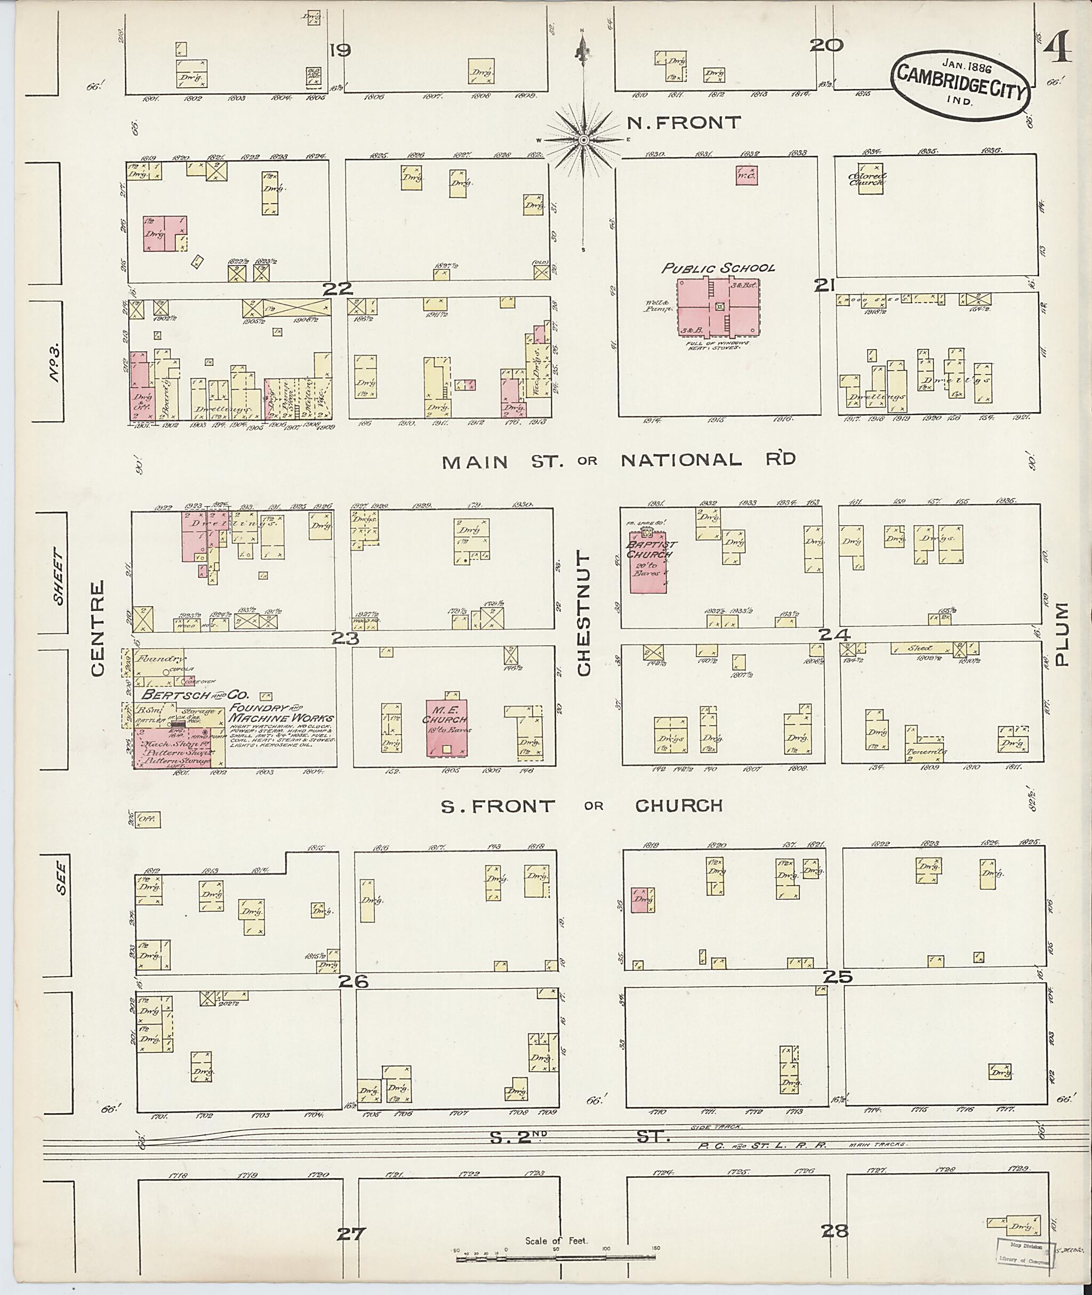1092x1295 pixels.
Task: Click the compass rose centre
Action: coord(583,141)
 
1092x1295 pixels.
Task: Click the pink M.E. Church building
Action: coord(446,727)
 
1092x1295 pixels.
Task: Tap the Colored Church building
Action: coord(870,178)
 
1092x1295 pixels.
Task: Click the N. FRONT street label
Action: coord(684,123)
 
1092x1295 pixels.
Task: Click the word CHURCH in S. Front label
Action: coord(678,806)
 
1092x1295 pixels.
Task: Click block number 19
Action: coord(340,51)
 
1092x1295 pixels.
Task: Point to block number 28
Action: coord(834,1230)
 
